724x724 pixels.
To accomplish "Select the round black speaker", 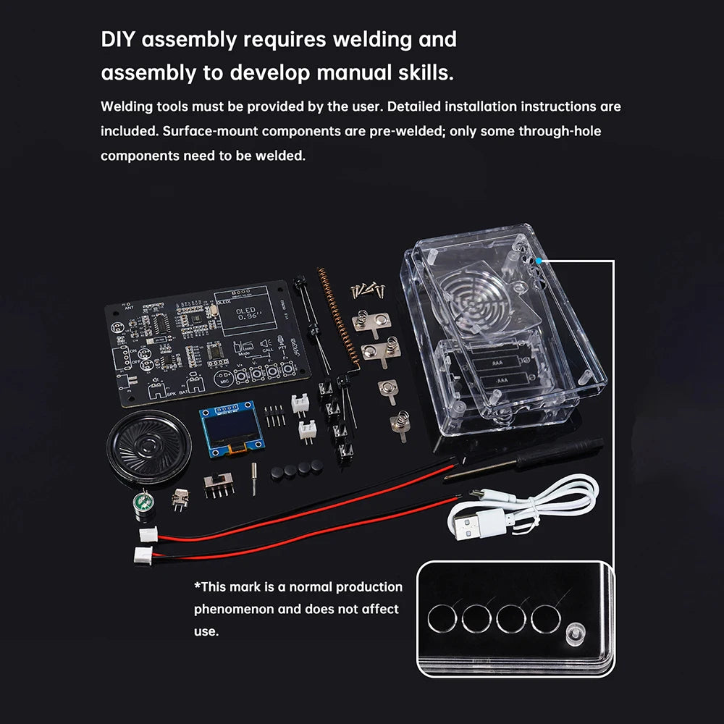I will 149,445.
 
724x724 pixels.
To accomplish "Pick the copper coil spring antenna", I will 334,319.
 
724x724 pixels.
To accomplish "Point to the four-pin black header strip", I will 274,416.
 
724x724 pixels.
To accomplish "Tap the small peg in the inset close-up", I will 577,633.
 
